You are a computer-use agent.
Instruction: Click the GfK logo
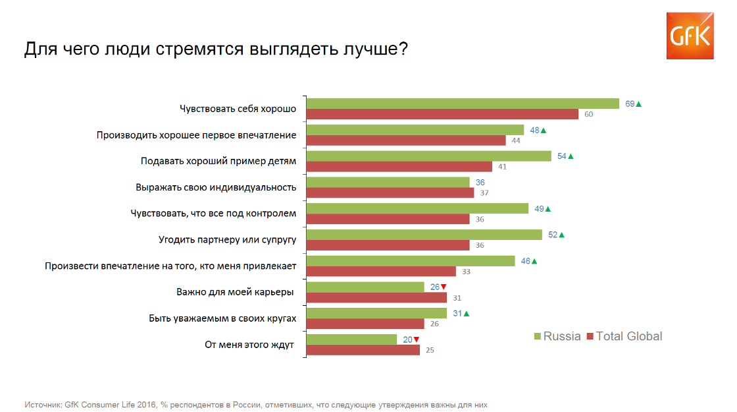click(690, 36)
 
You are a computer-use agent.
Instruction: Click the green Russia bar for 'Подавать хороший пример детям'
click(428, 156)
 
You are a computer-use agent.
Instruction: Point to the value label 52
click(553, 235)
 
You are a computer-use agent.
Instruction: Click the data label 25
click(430, 350)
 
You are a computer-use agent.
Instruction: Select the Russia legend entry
click(557, 336)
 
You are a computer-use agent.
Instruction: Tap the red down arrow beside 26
click(444, 287)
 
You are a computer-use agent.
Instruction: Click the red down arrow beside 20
click(416, 339)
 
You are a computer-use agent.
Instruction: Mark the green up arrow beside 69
click(638, 103)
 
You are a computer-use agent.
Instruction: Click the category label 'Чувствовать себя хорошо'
click(238, 108)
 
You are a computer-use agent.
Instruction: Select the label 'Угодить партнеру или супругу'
click(228, 239)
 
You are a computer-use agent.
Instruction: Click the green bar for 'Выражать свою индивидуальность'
click(388, 182)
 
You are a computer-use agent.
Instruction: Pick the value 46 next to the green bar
click(525, 261)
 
